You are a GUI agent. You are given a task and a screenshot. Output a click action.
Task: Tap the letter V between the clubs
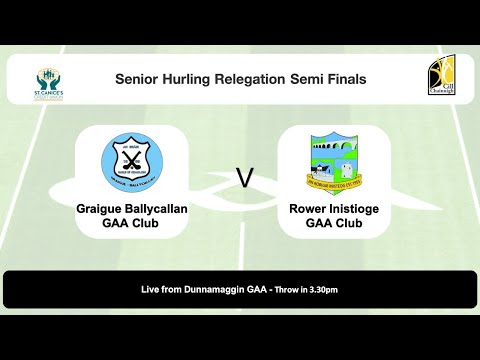[242, 178]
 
